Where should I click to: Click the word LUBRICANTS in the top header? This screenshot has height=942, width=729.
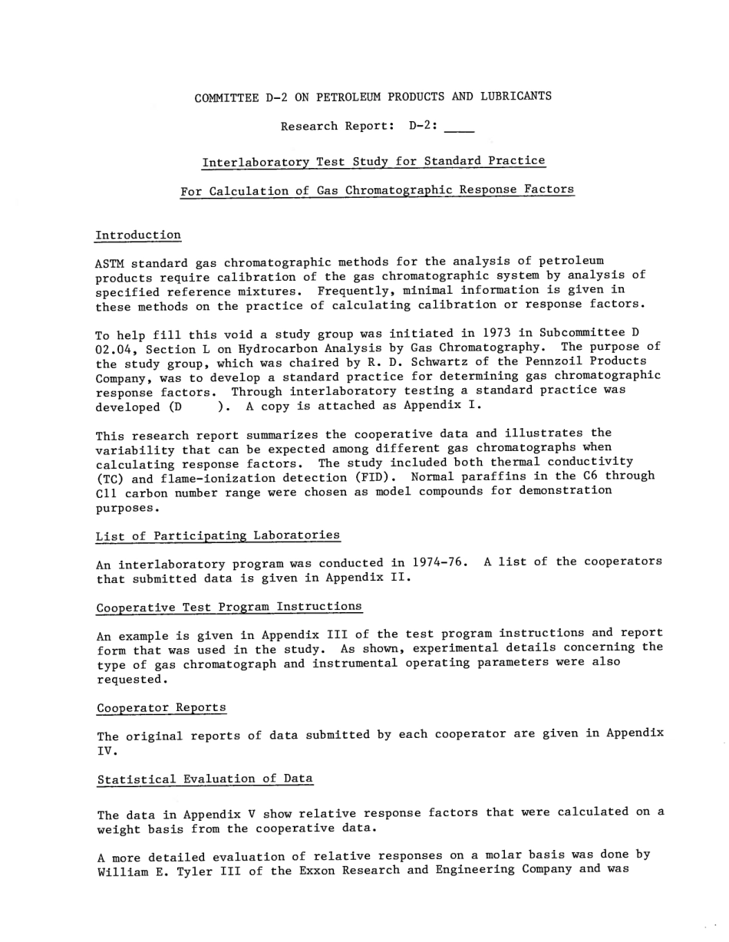point(516,97)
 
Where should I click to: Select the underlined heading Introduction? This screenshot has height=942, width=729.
point(138,235)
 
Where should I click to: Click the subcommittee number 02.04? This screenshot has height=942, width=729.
point(113,349)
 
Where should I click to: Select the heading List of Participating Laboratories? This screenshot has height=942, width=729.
point(218,535)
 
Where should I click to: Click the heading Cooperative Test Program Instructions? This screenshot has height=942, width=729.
point(229,608)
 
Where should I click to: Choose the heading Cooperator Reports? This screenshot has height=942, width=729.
point(161,707)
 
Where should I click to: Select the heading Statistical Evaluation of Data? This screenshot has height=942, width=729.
point(205,779)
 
